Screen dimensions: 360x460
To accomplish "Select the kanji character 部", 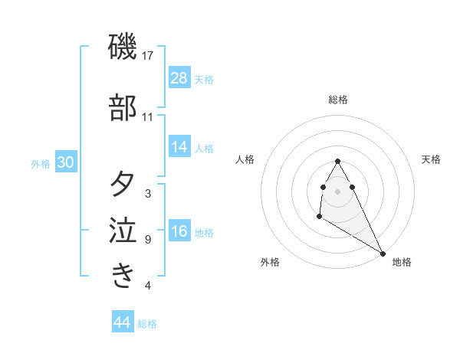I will [123, 109].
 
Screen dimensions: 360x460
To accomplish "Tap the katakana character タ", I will [123, 185].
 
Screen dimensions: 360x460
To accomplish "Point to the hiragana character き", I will [123, 276].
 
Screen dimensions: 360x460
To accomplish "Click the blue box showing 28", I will [179, 78].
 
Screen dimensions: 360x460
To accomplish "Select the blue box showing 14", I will [179, 148].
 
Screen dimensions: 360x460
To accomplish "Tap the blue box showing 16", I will [179, 232].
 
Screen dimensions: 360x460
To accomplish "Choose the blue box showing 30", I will [66, 163].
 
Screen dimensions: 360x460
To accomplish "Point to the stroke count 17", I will [148, 55].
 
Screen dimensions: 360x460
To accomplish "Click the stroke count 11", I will [148, 117].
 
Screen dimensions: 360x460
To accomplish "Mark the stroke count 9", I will [148, 240].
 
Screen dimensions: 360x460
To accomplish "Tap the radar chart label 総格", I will [338, 100].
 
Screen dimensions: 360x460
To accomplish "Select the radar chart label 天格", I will [431, 159].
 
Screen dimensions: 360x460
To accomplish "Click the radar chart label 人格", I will [245, 159].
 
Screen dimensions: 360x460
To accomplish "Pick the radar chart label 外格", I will [270, 262].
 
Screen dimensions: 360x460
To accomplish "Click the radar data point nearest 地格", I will [383, 253].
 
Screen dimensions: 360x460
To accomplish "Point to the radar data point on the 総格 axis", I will [338, 162].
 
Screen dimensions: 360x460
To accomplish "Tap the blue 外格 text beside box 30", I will [40, 164].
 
